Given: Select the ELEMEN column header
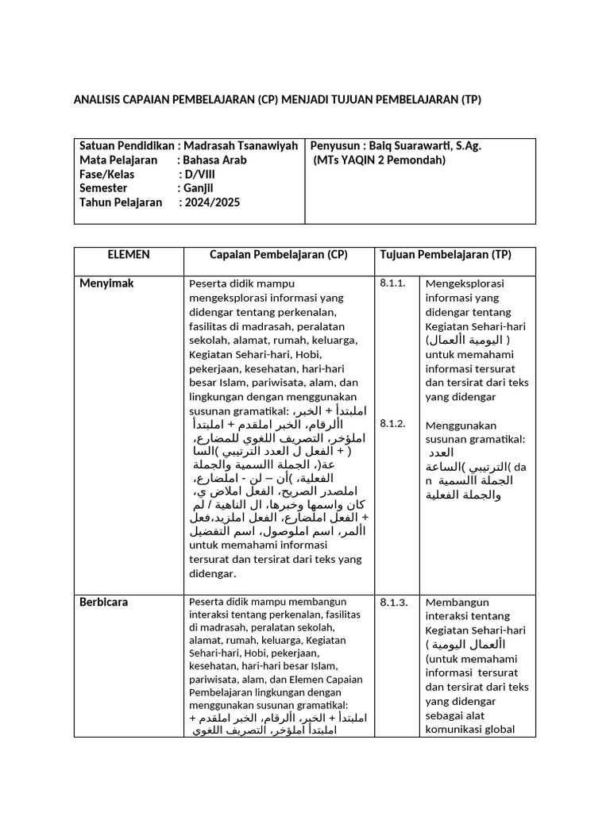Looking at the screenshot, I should (129, 255).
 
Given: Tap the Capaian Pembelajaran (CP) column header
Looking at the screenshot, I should (279, 255).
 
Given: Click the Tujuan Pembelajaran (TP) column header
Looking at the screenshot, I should (446, 255).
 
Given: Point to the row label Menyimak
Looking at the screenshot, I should (106, 283).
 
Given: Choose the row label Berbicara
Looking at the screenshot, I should (103, 602).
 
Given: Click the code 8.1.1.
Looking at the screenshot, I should (392, 283).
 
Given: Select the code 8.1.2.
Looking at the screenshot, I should (392, 424).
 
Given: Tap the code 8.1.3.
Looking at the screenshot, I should (393, 602).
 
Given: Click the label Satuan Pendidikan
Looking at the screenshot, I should (126, 146).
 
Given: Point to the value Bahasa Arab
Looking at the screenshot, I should (214, 160).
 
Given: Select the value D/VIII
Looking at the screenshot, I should (199, 175).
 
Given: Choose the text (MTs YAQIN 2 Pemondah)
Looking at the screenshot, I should (380, 160).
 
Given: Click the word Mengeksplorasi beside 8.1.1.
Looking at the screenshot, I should (465, 283).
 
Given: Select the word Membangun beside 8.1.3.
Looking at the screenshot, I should (456, 602).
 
